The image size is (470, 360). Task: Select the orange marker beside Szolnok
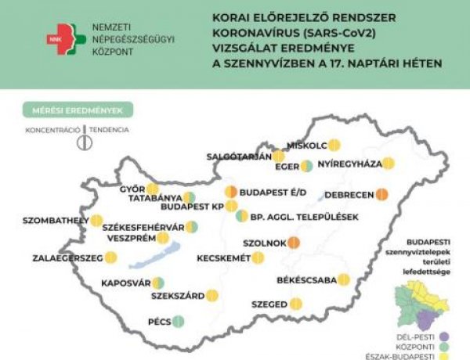pos(294,243)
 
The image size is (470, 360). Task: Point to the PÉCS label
pos(158,321)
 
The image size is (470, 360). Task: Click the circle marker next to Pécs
pos(178,320)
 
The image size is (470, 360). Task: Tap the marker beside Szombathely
pos(97,221)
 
